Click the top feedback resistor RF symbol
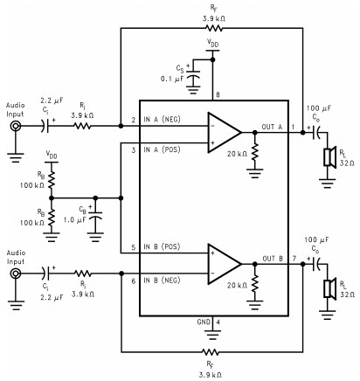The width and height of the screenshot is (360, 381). pyautogui.click(x=214, y=28)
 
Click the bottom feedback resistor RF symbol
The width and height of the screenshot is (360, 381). pyautogui.click(x=211, y=352)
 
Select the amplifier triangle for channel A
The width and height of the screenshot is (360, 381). pyautogui.click(x=225, y=133)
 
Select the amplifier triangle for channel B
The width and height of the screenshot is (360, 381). pyautogui.click(x=225, y=264)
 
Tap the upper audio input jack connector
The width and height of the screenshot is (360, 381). pyautogui.click(x=15, y=126)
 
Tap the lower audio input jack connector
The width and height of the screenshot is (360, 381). pyautogui.click(x=15, y=274)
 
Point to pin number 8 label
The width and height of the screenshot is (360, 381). pyautogui.click(x=218, y=95)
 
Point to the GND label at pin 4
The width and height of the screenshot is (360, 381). pyautogui.click(x=204, y=322)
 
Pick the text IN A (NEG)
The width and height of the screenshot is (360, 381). pyautogui.click(x=162, y=119)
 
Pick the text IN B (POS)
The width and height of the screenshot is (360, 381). pyautogui.click(x=162, y=246)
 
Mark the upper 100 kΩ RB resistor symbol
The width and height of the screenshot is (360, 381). pyautogui.click(x=52, y=179)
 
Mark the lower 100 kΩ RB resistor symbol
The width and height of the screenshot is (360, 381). pyautogui.click(x=52, y=217)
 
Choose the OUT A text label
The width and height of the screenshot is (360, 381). pyautogui.click(x=272, y=127)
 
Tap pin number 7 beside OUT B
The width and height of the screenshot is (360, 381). pyautogui.click(x=294, y=259)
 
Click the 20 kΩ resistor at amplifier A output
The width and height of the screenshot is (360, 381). pyautogui.click(x=255, y=152)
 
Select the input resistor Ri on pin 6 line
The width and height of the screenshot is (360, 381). pyautogui.click(x=83, y=274)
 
